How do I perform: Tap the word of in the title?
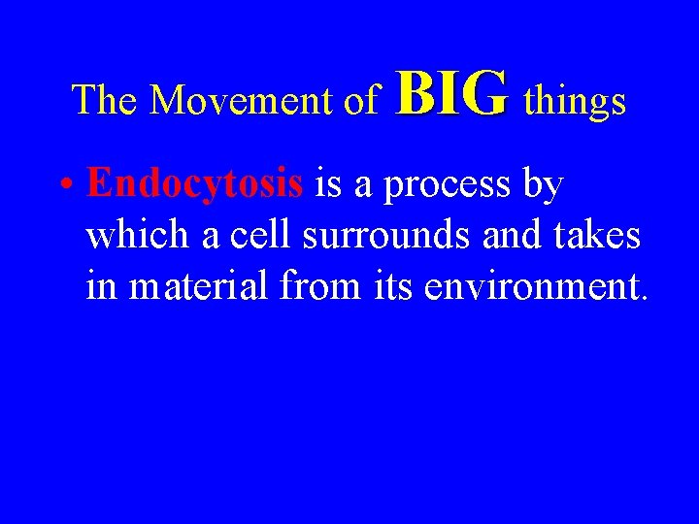point(362,100)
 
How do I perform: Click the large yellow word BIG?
point(451,94)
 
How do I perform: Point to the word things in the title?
point(575,100)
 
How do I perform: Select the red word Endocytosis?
point(195,183)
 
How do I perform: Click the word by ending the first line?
point(543,184)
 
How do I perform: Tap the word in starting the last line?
point(97,286)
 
